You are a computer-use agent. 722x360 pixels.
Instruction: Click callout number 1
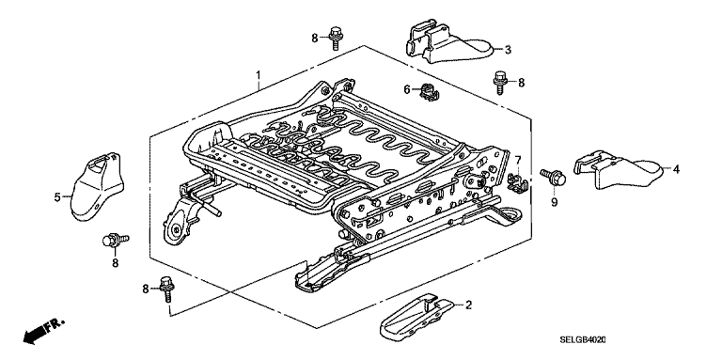click(x=259, y=74)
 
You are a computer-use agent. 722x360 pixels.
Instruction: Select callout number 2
click(x=469, y=305)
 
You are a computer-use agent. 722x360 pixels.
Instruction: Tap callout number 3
click(x=508, y=50)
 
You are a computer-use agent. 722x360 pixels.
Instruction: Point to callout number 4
click(x=676, y=169)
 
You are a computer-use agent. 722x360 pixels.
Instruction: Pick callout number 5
click(x=57, y=197)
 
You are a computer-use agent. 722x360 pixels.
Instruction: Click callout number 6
click(x=406, y=89)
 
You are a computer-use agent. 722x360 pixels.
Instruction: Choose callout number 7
click(x=518, y=160)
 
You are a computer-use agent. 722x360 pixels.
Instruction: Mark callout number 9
click(x=554, y=202)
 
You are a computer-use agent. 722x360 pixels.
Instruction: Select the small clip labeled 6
click(x=429, y=91)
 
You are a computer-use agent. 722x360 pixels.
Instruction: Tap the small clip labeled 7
click(x=518, y=180)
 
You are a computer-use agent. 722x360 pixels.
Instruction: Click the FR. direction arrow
click(x=43, y=331)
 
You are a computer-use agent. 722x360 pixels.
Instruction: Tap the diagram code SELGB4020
click(x=583, y=339)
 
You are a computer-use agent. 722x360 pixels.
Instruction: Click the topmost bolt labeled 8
click(x=336, y=38)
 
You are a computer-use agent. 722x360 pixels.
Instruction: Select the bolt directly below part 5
click(x=115, y=240)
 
